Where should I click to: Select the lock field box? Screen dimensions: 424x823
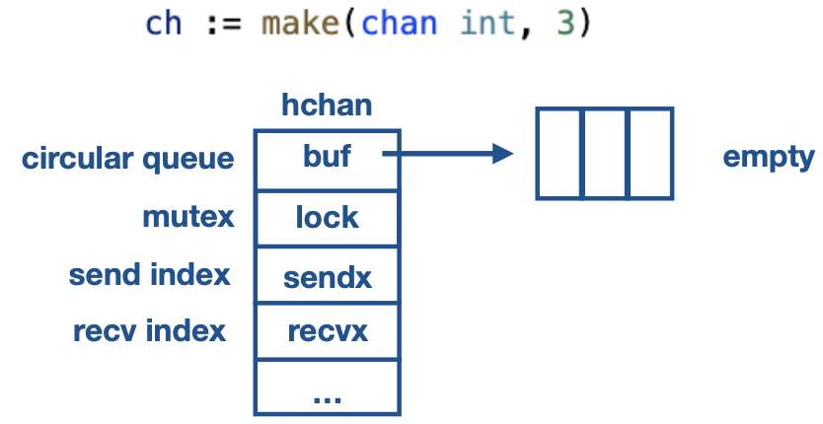point(327,217)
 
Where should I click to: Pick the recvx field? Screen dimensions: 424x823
point(327,331)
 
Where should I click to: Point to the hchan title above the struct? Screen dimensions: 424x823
point(327,106)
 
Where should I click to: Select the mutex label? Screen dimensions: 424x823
point(188,216)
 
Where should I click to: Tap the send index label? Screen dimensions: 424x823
point(149,274)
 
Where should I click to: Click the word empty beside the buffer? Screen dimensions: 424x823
point(769,157)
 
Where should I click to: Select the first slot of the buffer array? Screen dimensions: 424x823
point(560,153)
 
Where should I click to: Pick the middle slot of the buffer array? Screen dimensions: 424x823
point(605,153)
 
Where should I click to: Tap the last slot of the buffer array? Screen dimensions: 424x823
point(650,153)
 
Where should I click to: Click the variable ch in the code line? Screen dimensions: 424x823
point(164,24)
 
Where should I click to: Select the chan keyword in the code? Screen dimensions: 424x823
point(400,24)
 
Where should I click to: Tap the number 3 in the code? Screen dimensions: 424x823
point(564,24)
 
